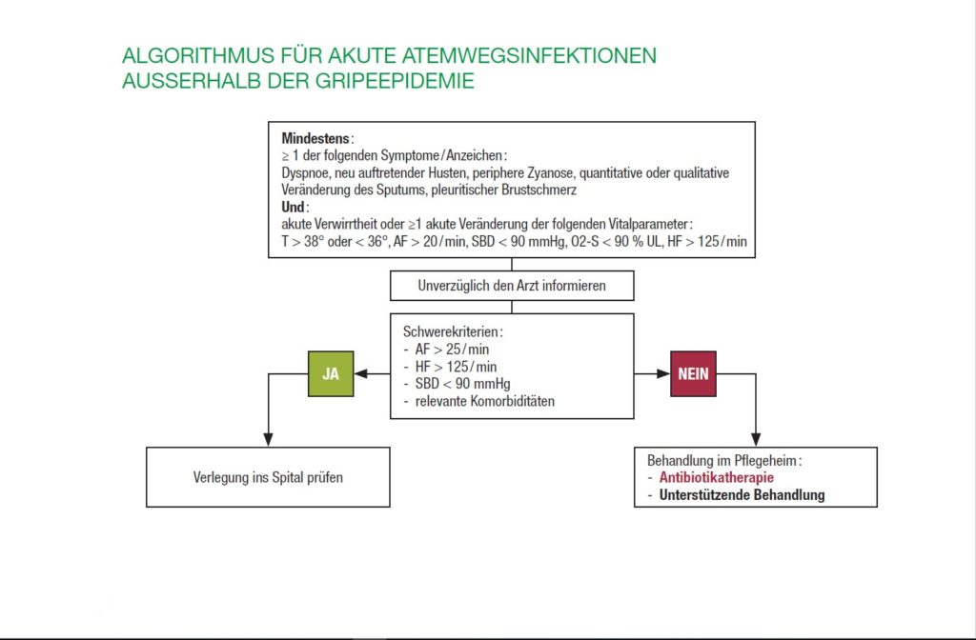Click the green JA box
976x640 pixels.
click(331, 374)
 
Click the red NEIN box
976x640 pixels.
click(693, 374)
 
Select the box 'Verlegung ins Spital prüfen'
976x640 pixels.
click(268, 476)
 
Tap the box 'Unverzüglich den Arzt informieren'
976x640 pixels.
click(512, 286)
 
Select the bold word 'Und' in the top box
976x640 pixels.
click(294, 207)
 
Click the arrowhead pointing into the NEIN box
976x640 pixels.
click(664, 374)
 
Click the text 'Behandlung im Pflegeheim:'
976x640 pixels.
click(724, 459)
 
